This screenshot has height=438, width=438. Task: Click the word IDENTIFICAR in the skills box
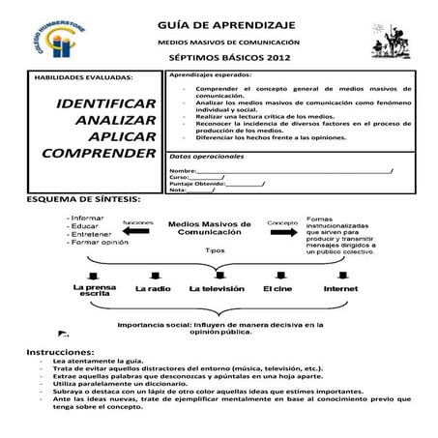pos(107,102)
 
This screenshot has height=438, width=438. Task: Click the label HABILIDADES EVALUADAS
pos(84,76)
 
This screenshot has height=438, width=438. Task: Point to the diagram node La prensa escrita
pos(95,291)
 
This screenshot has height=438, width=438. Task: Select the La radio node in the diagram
pos(154,288)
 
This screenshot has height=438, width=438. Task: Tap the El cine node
pos(277,288)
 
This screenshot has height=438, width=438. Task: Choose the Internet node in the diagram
pos(340,288)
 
